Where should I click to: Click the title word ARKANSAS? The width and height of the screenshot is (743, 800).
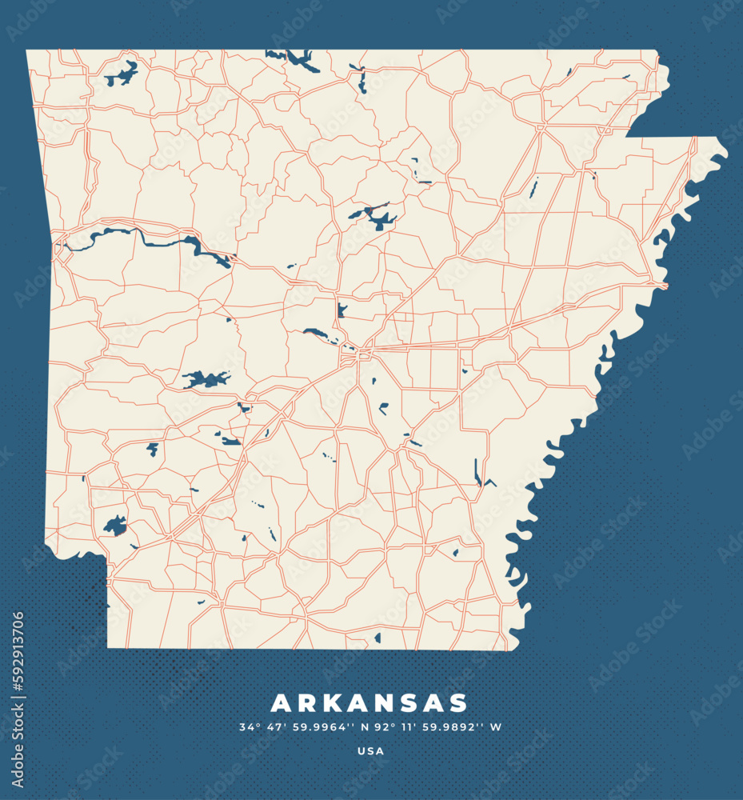[x=370, y=703]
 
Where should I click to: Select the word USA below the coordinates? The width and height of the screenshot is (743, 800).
[x=370, y=751]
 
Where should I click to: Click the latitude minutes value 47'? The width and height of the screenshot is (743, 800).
[x=275, y=727]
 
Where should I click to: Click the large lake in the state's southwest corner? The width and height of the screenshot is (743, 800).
[x=115, y=526]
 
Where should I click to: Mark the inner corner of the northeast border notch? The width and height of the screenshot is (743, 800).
[x=626, y=136]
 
